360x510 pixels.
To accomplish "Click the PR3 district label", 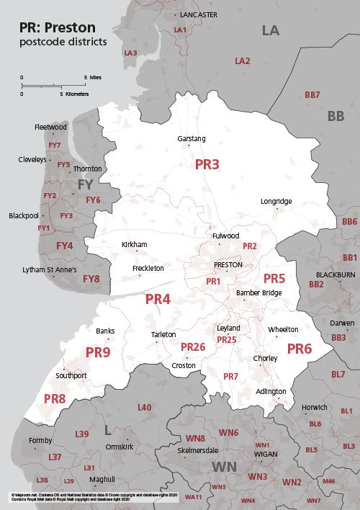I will click(207, 164).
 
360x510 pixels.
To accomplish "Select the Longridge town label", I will click(276, 201).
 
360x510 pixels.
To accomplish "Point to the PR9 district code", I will click(98, 352).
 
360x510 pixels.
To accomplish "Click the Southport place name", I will click(71, 376).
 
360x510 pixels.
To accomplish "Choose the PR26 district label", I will click(193, 348).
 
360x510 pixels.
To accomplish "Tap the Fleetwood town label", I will click(50, 127).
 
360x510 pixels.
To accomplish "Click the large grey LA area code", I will click(270, 30).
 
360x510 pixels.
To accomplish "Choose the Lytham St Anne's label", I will click(49, 270).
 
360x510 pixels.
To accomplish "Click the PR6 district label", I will click(299, 349).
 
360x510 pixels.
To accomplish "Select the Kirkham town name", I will click(135, 245).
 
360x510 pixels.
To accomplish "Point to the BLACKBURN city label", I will click(336, 275).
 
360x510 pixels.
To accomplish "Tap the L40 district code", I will click(144, 408).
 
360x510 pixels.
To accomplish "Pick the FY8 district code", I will click(91, 279).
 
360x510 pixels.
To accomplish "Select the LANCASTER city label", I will click(199, 14).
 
